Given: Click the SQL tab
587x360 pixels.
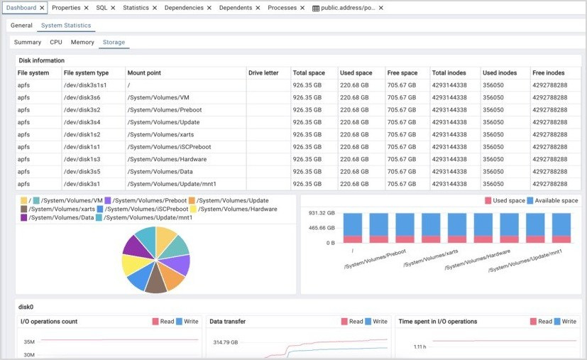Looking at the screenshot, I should click(102, 8).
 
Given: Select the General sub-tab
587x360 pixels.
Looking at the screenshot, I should click(21, 26).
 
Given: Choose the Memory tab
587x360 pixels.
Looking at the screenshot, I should click(82, 43).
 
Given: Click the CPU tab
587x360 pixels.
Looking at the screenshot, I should click(56, 43).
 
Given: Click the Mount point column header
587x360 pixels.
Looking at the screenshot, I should click(144, 73).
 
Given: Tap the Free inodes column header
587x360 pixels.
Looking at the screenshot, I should click(549, 73).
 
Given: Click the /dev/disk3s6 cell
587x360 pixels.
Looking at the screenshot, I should click(82, 97).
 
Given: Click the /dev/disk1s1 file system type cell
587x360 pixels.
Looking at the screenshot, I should click(82, 147).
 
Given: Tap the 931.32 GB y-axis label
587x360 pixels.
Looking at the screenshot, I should click(322, 213).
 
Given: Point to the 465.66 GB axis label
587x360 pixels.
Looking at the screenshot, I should click(322, 228).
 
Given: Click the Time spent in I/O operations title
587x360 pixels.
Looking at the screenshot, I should click(437, 322).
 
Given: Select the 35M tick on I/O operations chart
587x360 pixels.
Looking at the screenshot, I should click(29, 342).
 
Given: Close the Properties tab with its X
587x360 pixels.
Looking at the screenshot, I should click(87, 8).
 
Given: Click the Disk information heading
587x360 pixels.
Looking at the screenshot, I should click(41, 60).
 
